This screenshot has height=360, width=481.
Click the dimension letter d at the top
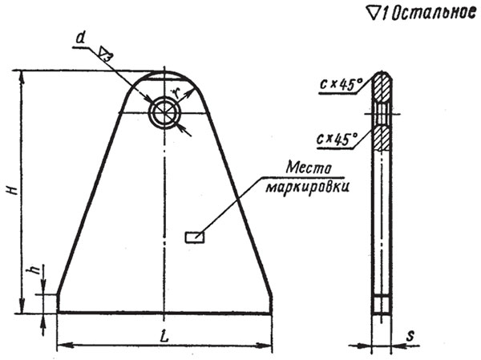click(80, 38)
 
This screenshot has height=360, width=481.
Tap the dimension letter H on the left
click(13, 190)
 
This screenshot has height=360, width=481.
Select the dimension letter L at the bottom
click(164, 337)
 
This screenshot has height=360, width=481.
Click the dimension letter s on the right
click(410, 336)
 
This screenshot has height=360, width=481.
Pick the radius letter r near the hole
click(175, 91)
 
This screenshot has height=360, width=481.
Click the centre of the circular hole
click(164, 112)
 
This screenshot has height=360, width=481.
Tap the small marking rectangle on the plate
click(195, 237)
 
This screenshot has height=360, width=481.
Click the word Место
click(309, 168)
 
